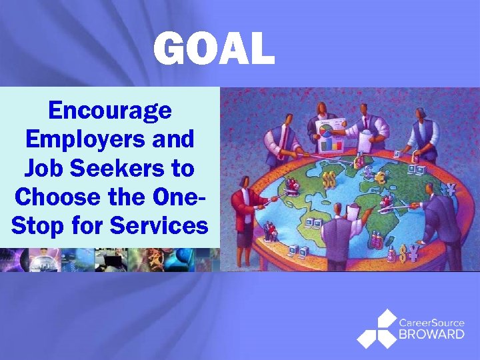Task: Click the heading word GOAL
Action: (213, 49)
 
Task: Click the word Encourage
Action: (110, 110)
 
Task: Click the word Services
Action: (159, 225)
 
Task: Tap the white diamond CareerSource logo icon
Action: (376, 329)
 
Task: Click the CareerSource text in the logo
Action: (431, 323)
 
